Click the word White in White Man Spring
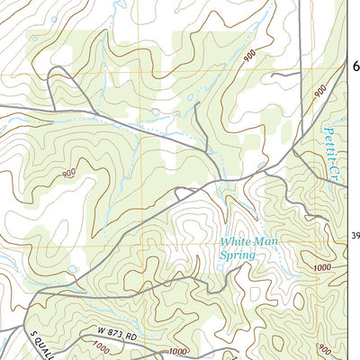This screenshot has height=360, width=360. coord(236,241)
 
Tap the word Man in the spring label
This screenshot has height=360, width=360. coord(267,241)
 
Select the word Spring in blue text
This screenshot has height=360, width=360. coord(238,255)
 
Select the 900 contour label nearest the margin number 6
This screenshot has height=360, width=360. coord(319,91)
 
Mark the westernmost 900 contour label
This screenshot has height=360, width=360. coord(68,174)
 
